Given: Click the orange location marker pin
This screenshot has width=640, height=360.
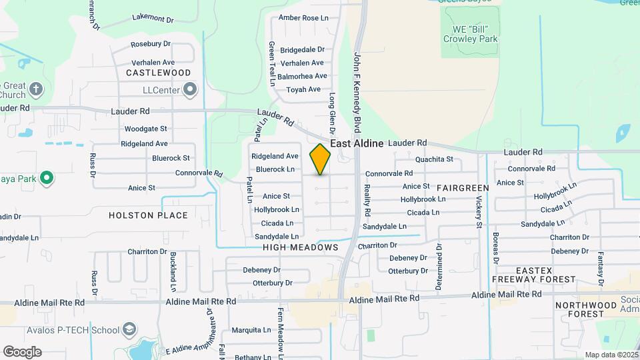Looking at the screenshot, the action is pos(320,159).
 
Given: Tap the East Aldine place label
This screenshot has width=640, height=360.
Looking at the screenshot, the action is pos(357,143).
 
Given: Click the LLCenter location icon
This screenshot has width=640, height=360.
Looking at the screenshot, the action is pos(191,89).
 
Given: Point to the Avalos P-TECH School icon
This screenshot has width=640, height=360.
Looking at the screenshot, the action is pos(129,329).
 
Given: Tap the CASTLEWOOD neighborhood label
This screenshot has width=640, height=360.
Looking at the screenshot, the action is pos(158,72).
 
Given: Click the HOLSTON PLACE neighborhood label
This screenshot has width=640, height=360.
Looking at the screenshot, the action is pos(148,215).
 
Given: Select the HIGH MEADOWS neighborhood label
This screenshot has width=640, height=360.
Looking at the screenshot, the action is pos(300,247).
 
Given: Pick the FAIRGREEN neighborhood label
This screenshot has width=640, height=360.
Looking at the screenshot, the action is pos(463,188).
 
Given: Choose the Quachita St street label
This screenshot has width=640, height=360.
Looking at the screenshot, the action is pos(434,159).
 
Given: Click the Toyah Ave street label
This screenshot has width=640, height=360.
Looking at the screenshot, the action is pos(303,89).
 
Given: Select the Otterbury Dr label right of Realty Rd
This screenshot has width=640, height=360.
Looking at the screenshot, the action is pos(408,271).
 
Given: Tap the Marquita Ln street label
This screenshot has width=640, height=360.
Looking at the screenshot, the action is pos(251,330).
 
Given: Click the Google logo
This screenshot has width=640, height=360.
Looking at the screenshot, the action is pos(22,351).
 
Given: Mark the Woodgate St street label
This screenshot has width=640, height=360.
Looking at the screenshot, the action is pos(145,128).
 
